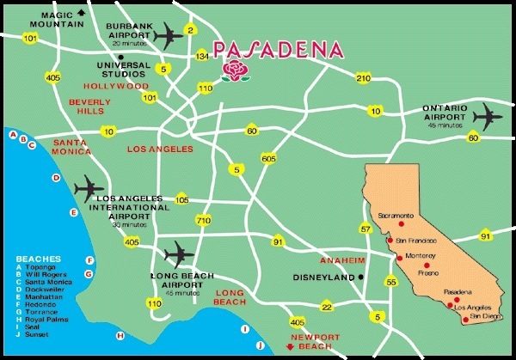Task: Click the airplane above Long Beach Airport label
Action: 179,253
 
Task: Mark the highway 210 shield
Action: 363,79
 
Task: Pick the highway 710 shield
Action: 204,221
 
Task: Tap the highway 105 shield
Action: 181,199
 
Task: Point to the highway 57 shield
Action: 365,229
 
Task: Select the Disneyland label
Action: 324,278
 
